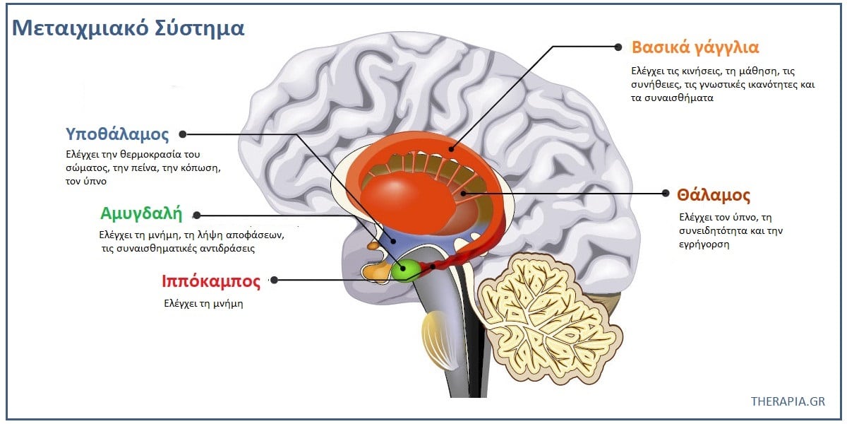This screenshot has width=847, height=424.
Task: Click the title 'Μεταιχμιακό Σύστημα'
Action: tap(129, 28)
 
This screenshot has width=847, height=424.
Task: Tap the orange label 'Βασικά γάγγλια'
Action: tap(695, 48)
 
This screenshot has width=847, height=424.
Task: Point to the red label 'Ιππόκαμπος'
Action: tap(211, 281)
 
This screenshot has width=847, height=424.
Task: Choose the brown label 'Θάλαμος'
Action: tap(713, 195)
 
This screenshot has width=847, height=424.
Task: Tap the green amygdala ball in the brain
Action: tap(406, 271)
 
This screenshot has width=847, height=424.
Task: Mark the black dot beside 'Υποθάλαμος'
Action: tap(183, 134)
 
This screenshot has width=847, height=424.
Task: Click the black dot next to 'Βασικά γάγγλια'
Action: tap(618, 47)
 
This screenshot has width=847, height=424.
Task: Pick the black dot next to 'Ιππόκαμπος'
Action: tap(274, 280)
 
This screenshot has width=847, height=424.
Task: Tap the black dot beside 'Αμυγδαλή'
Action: tap(197, 215)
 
